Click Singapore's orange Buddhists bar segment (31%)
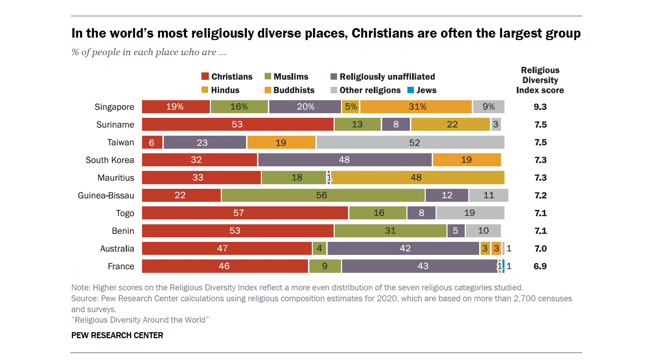coord(416,107)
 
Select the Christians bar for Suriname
coord(237,124)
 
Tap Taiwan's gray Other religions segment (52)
coord(410,142)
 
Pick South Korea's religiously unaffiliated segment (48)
coord(345,160)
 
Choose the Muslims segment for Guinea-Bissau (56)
coord(323,195)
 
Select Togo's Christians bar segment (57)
coord(245,213)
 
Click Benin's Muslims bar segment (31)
coord(390,231)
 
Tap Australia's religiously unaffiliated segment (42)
coord(403,249)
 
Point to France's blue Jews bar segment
coord(503,266)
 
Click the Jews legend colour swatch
coord(410,90)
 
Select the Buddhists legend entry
coord(294,90)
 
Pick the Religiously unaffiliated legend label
coord(387,77)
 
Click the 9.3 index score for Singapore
coord(540,107)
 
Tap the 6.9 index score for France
coord(540,266)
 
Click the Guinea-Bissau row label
coord(106,195)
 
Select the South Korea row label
coord(110,160)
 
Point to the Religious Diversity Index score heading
coord(540,80)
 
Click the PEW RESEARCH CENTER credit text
coord(117,335)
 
